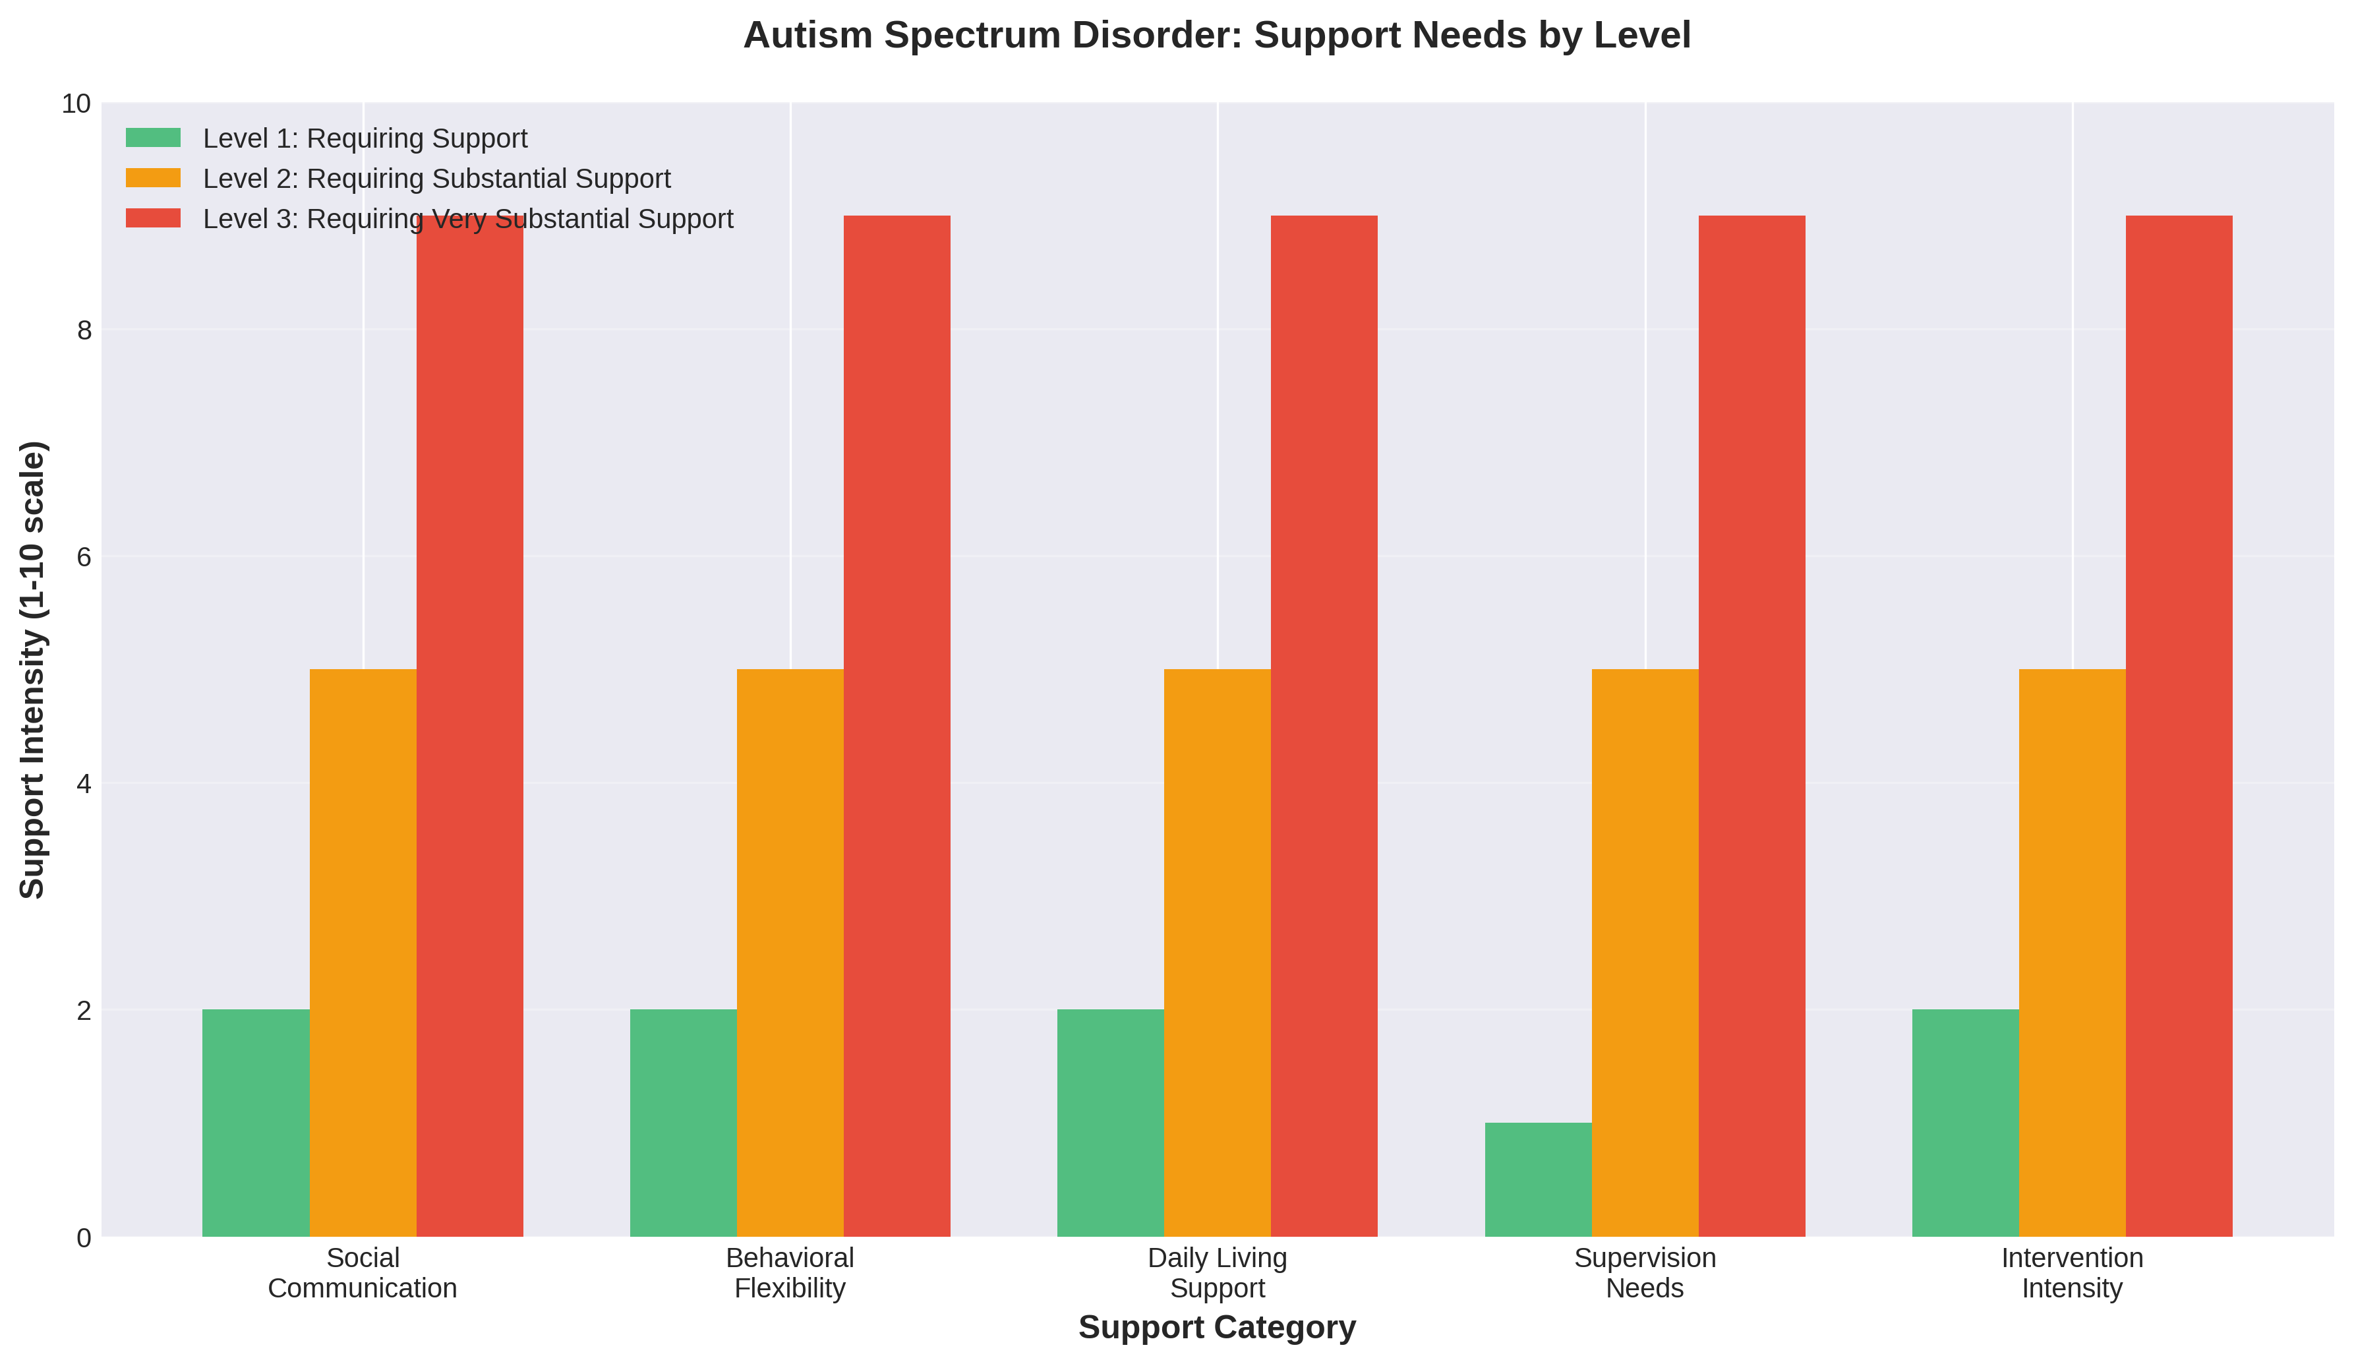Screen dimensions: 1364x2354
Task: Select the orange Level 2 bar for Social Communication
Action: coord(363,953)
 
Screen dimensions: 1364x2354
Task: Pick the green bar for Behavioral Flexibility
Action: coord(683,1122)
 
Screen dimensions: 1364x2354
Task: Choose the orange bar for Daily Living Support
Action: coord(1217,953)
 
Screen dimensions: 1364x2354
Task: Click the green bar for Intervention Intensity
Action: coord(1966,1122)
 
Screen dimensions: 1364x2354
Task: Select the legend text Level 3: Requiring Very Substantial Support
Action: coord(468,219)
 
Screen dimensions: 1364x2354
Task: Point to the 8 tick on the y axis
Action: coord(84,330)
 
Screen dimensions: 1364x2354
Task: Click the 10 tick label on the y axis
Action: coord(76,104)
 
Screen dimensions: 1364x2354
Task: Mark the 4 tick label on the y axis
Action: coord(84,784)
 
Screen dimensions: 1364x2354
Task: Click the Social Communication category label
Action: coord(363,1272)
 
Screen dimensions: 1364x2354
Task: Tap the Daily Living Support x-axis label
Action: coord(1217,1272)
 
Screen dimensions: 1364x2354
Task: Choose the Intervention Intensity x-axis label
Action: coord(2072,1272)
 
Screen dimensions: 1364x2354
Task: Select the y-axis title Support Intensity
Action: coord(33,670)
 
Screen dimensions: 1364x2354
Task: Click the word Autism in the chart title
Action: coord(808,36)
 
